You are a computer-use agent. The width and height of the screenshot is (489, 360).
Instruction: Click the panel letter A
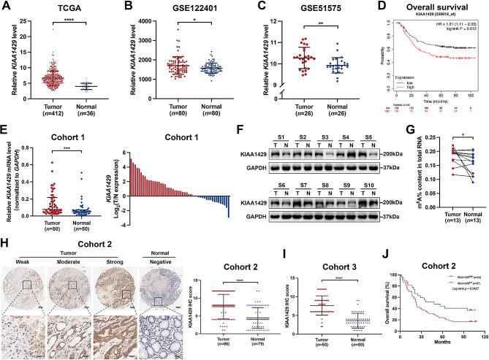6,7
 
